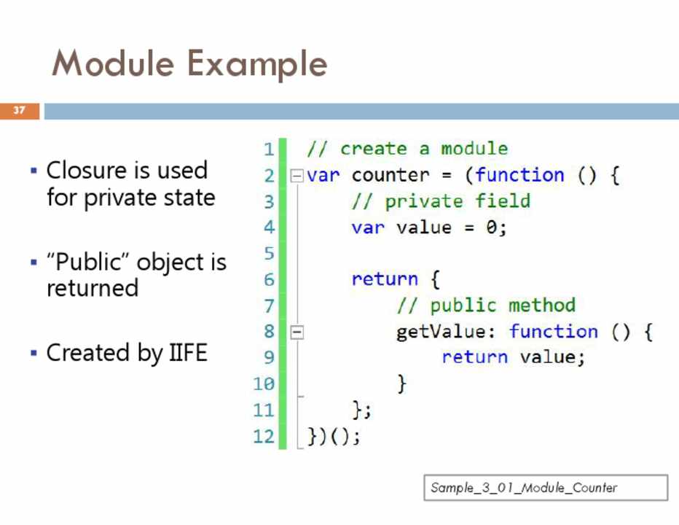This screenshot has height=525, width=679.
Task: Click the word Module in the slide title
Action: coord(113,63)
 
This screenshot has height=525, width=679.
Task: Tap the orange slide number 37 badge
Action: coord(20,111)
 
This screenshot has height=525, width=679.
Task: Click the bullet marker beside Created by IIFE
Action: coord(34,353)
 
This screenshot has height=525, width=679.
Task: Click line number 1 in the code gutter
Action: coord(269,149)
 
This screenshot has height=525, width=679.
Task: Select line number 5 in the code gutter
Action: coord(269,253)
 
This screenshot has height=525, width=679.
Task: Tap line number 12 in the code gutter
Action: coord(264,436)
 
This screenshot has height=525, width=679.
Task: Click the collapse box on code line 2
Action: coord(297,176)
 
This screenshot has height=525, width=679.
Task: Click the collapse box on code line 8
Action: coord(297,332)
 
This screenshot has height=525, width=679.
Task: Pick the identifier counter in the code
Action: coord(390,175)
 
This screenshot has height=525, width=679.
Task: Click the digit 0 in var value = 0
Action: coord(491,227)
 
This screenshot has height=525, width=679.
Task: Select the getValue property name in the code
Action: coord(441,332)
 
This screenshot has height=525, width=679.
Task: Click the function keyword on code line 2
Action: coord(519,175)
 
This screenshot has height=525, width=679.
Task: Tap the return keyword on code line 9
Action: coord(474,357)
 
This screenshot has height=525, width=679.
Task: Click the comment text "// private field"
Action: coord(441,201)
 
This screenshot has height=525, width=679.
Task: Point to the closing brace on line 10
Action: coord(402,384)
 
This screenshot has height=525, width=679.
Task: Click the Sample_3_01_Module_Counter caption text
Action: coord(524,488)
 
